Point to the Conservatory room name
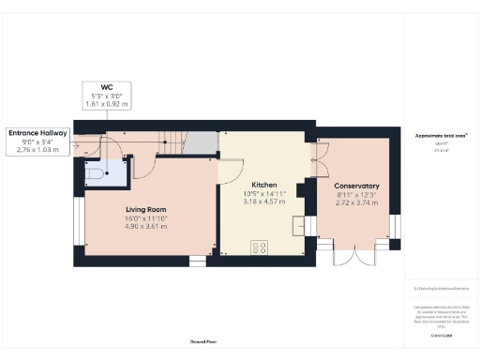[356, 186]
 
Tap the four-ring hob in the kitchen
[258, 249]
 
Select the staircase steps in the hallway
[167, 143]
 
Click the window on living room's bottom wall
[198, 261]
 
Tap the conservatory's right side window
[396, 226]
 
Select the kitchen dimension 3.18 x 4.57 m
[265, 202]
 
